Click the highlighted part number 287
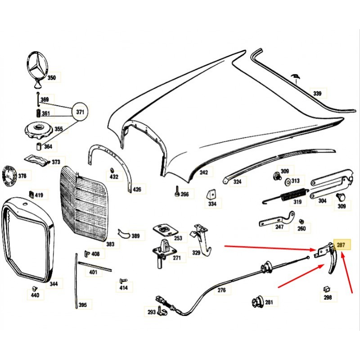click(x=341, y=245)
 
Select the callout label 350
click(x=52, y=78)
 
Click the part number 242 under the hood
click(x=204, y=172)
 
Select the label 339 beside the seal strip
click(x=317, y=94)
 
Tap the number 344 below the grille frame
click(x=54, y=284)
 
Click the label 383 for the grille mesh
click(x=110, y=244)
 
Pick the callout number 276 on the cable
click(x=222, y=290)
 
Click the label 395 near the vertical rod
click(x=82, y=305)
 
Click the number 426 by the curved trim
click(x=137, y=189)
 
